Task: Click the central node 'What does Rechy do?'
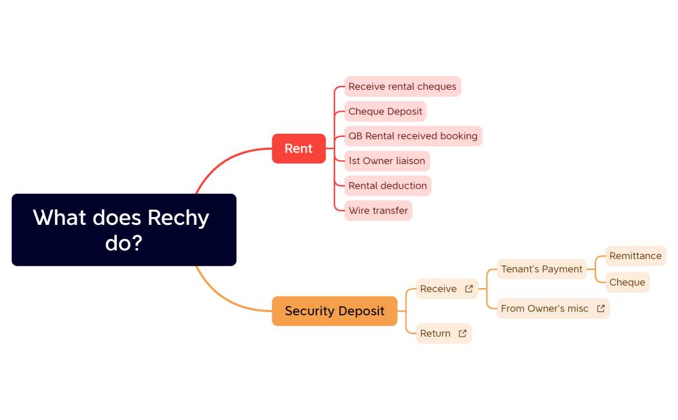(x=123, y=230)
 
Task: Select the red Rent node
(x=298, y=149)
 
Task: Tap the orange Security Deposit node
(x=334, y=311)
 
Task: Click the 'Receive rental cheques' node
(x=402, y=87)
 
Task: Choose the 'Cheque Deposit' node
(x=385, y=111)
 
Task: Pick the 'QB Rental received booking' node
(x=413, y=136)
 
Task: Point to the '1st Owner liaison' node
(x=387, y=161)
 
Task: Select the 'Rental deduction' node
(x=387, y=185)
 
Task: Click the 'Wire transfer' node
(x=378, y=211)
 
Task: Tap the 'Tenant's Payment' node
(x=542, y=269)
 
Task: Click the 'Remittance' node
(x=635, y=256)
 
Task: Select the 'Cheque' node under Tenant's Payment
(x=627, y=282)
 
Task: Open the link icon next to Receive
(x=469, y=289)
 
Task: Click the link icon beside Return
(x=462, y=333)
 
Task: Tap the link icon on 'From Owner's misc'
(x=601, y=309)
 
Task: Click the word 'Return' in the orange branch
(x=435, y=333)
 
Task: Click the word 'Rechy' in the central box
(x=178, y=218)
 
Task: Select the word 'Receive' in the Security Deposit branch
(x=438, y=289)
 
